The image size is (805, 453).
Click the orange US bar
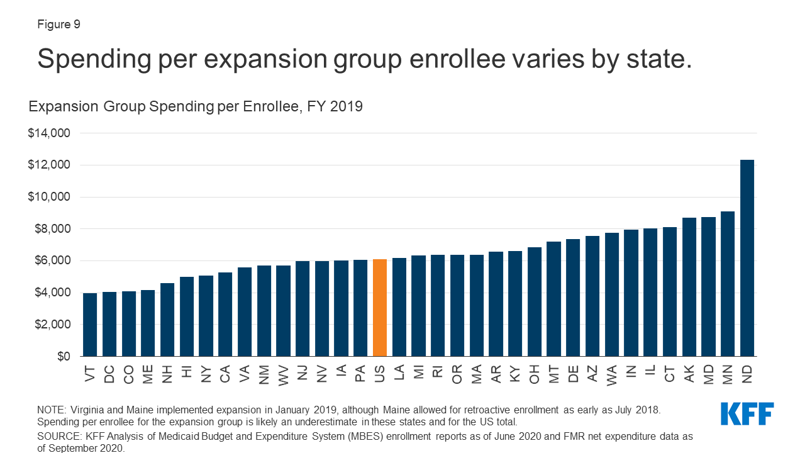tap(380, 308)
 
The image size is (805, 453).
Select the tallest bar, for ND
tap(747, 258)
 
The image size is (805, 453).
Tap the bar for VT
tap(90, 325)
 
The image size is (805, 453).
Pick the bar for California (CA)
tap(225, 315)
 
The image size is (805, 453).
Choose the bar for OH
tap(535, 302)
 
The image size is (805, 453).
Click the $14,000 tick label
tap(49, 133)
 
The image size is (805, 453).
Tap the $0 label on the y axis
tap(63, 357)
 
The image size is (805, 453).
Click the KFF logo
tap(747, 414)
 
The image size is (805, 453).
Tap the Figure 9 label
tap(58, 25)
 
